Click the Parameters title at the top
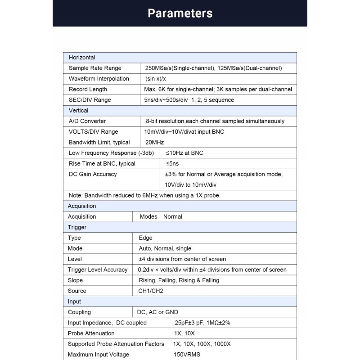(x=180, y=13)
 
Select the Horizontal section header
(x=81, y=58)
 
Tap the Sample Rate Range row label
(x=95, y=68)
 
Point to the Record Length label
(x=88, y=89)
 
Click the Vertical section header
(x=78, y=110)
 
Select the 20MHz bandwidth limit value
(x=154, y=142)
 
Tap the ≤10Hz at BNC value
(x=184, y=153)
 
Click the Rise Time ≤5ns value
(x=172, y=163)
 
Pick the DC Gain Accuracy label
(x=93, y=174)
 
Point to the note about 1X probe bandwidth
(x=144, y=195)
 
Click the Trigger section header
(x=77, y=227)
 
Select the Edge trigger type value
(x=145, y=238)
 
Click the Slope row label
(x=75, y=280)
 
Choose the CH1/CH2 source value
(x=151, y=291)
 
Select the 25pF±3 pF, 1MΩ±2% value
(x=202, y=323)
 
